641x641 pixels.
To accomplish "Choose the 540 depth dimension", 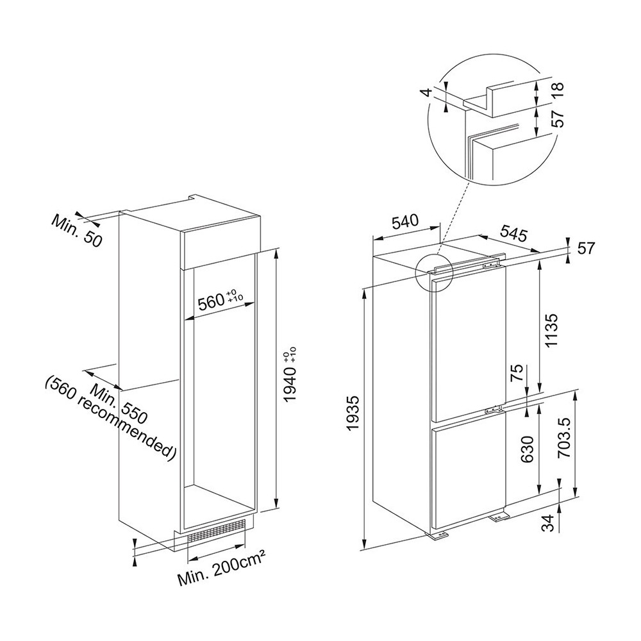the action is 405,222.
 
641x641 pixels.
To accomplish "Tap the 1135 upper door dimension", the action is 551,330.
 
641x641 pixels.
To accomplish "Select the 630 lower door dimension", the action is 528,449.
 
